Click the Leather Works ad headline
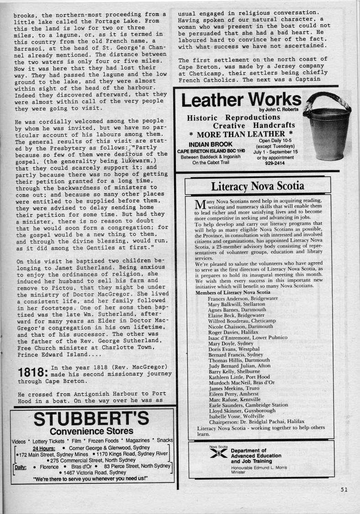(241, 100)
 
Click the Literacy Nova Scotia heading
(257, 186)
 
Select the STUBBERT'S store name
(91, 419)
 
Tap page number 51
(344, 490)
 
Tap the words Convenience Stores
(91, 431)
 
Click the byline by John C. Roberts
(279, 110)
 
